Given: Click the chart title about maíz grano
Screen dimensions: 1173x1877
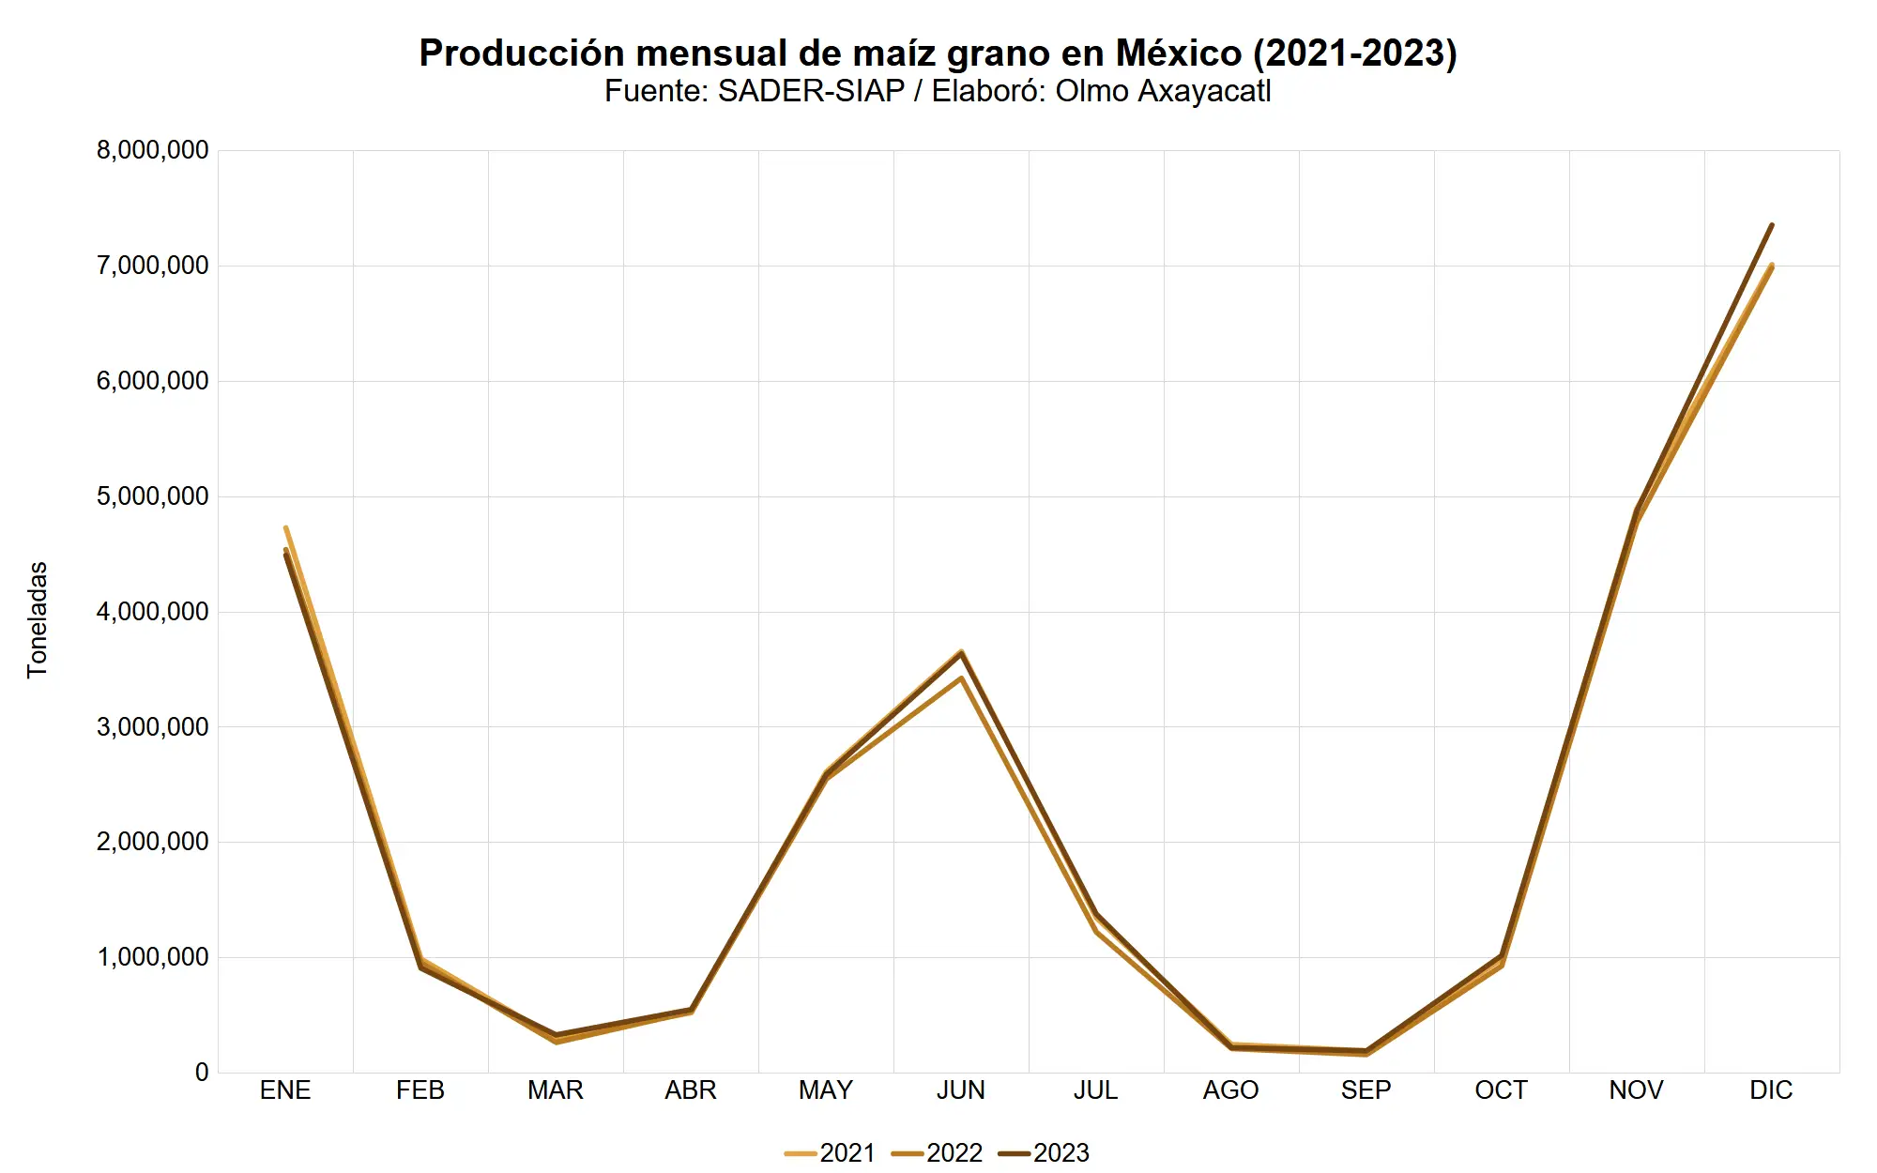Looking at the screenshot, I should coord(938,53).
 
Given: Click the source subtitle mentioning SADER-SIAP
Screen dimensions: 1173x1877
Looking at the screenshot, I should coord(938,92).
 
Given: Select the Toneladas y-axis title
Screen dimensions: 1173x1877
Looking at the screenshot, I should coord(38,619).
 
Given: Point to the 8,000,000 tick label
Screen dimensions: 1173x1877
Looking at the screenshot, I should coord(152,150).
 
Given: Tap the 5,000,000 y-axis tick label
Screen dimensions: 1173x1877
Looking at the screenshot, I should coord(152,496).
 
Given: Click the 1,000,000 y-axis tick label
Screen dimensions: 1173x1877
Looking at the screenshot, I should coord(152,957).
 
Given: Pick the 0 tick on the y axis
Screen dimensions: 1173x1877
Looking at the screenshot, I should coord(202,1073).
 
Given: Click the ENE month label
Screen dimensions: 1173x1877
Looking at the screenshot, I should coord(285,1090).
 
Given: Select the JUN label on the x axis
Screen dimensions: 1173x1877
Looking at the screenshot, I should coord(961,1090).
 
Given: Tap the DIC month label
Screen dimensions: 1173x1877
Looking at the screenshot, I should coord(1771,1090).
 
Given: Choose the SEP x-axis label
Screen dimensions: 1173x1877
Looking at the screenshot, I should coord(1366,1090).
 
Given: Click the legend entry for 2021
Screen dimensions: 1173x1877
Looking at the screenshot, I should coord(831,1152).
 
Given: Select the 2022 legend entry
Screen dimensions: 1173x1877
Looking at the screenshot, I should coord(938,1152).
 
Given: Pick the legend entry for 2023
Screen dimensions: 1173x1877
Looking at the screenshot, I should coord(1045,1152).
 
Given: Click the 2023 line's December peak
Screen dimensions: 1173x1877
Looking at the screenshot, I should coord(1771,225).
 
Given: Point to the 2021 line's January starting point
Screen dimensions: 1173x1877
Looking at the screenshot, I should coord(285,527).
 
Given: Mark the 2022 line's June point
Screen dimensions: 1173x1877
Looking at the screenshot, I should coord(961,678).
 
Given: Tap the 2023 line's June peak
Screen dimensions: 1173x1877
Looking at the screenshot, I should coord(961,652).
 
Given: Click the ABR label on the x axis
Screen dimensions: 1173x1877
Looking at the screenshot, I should coord(691,1090).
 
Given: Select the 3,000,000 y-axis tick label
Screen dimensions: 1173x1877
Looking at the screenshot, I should coord(152,727).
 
